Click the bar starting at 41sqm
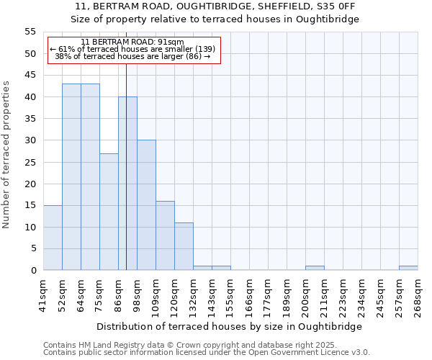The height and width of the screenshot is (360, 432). tap(53, 238)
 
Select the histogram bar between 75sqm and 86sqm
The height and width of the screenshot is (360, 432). tap(109, 212)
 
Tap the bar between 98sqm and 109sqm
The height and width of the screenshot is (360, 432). tap(146, 205)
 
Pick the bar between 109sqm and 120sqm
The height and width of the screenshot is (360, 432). tap(165, 235)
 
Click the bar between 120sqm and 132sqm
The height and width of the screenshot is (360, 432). tap(184, 246)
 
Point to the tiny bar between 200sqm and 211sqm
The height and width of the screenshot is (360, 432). tap(315, 268)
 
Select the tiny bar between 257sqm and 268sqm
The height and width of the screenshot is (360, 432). tap(408, 268)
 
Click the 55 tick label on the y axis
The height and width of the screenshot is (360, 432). tap(30, 32)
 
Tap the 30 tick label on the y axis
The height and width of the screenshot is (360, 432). tap(30, 140)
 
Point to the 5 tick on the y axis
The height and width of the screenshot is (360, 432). tap(32, 248)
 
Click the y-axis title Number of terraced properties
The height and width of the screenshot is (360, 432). tap(6, 154)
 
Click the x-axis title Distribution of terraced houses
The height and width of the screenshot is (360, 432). tap(230, 326)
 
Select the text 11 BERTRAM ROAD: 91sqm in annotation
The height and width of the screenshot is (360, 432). tap(132, 42)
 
